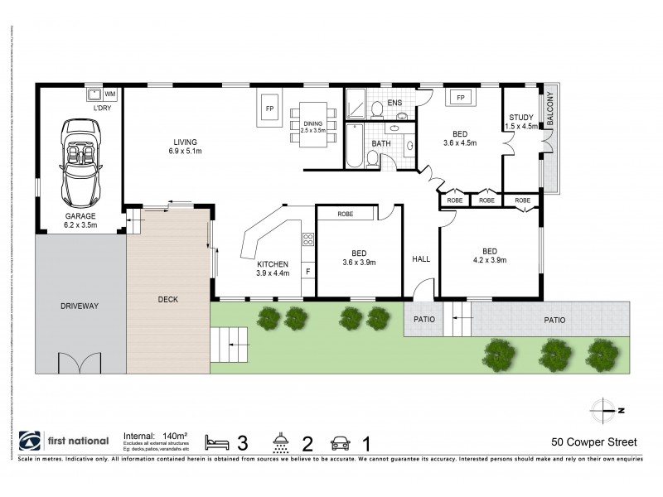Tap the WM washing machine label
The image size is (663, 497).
[x=110, y=94]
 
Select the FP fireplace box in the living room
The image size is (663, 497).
[x=269, y=109]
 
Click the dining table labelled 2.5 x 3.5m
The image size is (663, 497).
[x=313, y=126]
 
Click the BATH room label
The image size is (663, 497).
[x=381, y=143]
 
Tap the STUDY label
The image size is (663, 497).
[x=521, y=118]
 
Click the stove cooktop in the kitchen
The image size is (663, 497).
[x=308, y=240]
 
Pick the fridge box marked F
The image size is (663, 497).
[x=308, y=271]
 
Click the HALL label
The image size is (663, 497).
[x=421, y=259]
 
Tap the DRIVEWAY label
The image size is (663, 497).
[x=80, y=306]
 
